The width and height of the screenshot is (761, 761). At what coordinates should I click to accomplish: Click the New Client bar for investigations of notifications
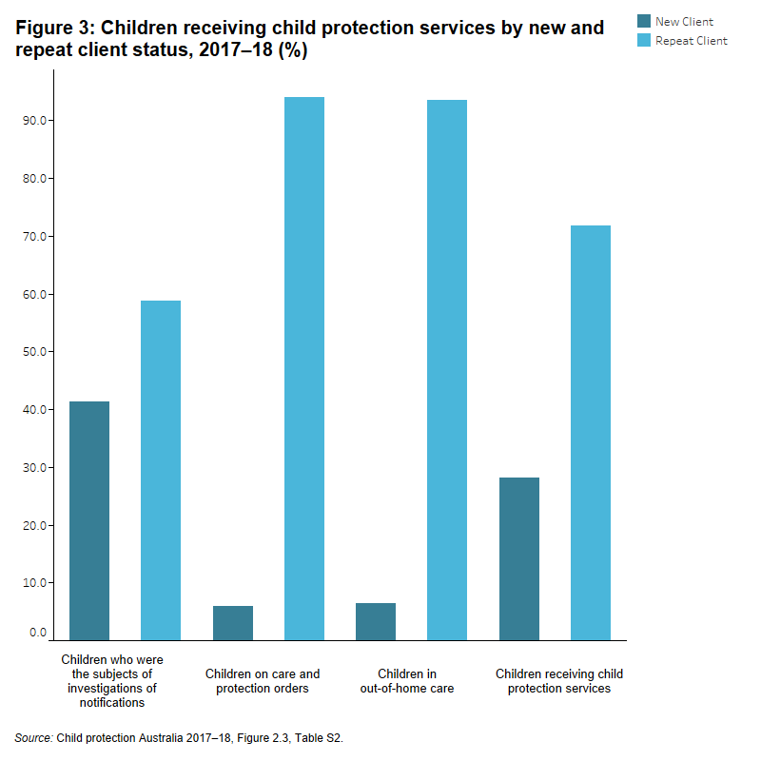point(89,520)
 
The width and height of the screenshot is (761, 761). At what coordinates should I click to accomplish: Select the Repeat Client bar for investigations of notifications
point(161,470)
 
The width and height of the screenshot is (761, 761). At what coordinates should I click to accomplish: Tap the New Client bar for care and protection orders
point(233,622)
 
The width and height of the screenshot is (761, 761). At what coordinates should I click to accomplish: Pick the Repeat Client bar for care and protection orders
point(304,368)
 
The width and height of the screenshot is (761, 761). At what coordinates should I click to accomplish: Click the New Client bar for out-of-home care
point(376,621)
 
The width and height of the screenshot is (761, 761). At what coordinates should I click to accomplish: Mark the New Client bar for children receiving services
point(519,558)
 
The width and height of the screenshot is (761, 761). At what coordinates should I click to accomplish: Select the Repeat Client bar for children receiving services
point(591,432)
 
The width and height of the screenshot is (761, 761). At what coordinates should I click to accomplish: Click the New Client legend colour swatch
point(644,21)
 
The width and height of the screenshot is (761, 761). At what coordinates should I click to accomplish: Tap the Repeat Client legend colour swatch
point(644,40)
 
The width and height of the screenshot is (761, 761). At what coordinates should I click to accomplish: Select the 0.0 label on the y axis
point(38,633)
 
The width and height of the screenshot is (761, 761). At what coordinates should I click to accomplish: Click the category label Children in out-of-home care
point(406,681)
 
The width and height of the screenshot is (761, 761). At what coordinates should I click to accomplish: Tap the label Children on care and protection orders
point(263,681)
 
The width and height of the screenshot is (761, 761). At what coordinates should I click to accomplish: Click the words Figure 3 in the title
point(54,29)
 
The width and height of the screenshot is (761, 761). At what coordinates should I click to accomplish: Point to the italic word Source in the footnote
point(33,737)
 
